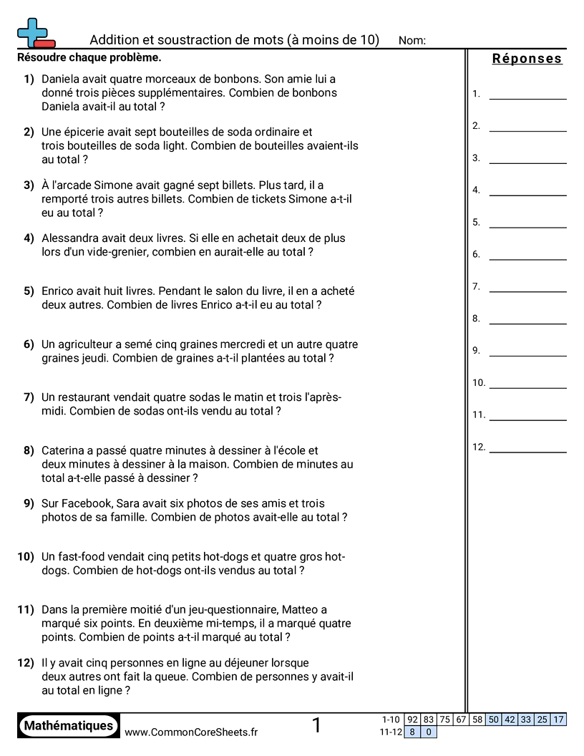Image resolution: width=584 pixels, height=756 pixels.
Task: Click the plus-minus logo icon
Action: tap(35, 34)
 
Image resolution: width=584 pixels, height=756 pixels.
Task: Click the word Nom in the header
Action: tap(412, 41)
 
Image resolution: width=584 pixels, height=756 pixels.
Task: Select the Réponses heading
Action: tap(527, 59)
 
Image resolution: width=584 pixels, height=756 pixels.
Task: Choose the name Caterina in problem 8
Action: tap(65, 450)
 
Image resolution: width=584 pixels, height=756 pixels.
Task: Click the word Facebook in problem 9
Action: tap(87, 503)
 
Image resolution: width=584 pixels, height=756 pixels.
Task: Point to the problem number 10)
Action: tap(26, 556)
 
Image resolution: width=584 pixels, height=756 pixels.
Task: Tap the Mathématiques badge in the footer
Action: tap(69, 726)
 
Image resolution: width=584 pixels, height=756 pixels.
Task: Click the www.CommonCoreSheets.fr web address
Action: tap(191, 732)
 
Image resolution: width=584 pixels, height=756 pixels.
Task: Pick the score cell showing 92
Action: tap(412, 719)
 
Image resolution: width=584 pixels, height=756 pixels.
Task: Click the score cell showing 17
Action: tap(558, 719)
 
